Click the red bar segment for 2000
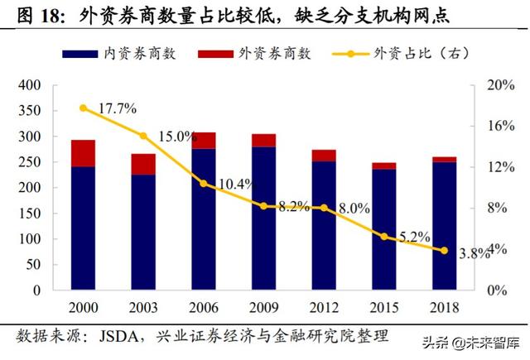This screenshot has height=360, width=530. pos(82,153)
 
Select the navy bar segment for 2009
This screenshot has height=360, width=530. pos(263,218)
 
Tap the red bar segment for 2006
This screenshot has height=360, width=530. pos(203,141)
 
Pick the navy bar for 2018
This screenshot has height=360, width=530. pos(445,226)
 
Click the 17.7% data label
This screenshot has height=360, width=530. pos(117,108)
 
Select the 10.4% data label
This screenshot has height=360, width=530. pos(236,184)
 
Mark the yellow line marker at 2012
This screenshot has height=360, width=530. pos(324,208)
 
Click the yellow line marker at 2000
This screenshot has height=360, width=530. pos(82,108)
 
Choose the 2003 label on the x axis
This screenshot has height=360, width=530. pos(142,307)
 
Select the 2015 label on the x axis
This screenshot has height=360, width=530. pos(384,307)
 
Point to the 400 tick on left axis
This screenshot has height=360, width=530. pos(29,85)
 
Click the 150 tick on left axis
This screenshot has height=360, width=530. pos(29,214)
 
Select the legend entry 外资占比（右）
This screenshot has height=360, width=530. pos(422,53)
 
